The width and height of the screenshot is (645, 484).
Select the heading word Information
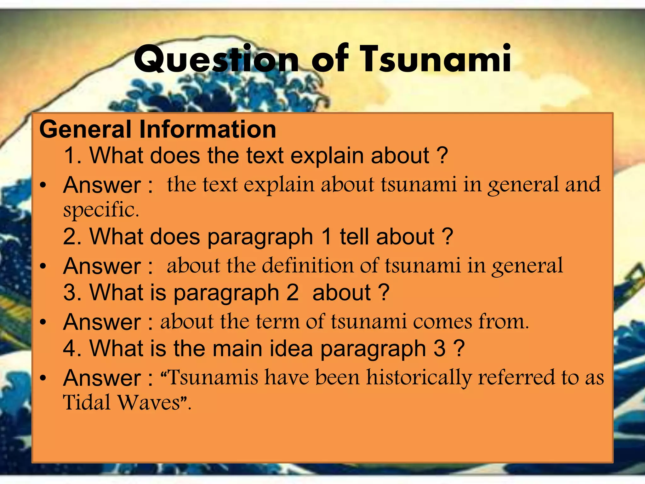click(208, 129)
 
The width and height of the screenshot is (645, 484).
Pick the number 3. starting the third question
click(73, 292)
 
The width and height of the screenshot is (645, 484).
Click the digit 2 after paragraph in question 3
click(292, 292)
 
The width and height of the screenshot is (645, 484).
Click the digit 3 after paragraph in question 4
click(439, 349)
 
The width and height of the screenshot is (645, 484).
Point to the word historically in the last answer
click(419, 377)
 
